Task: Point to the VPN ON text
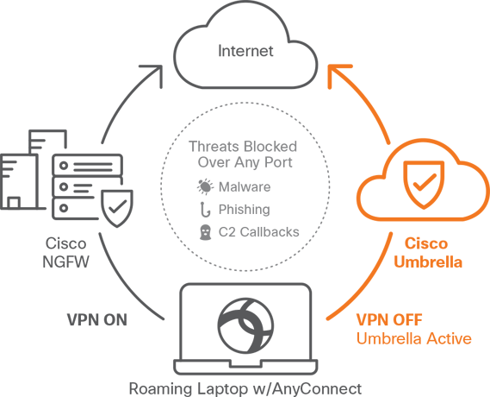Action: click(x=96, y=320)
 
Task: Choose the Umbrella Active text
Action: click(x=413, y=338)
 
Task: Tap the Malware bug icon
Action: click(x=204, y=186)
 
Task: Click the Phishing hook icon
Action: click(x=204, y=209)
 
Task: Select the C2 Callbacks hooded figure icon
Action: click(x=204, y=232)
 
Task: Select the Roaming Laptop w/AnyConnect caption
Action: click(x=245, y=388)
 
